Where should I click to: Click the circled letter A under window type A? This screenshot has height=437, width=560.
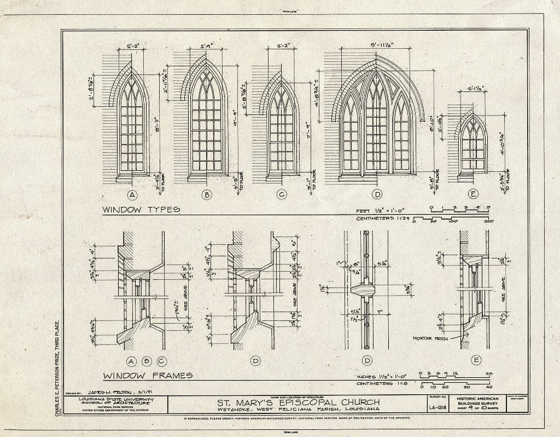[132, 194]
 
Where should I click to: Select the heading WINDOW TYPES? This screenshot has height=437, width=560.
[142, 209]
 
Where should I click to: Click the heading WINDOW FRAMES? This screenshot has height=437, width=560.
[148, 375]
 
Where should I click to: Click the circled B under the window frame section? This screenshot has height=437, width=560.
[147, 361]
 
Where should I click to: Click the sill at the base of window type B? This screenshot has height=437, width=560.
[207, 177]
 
